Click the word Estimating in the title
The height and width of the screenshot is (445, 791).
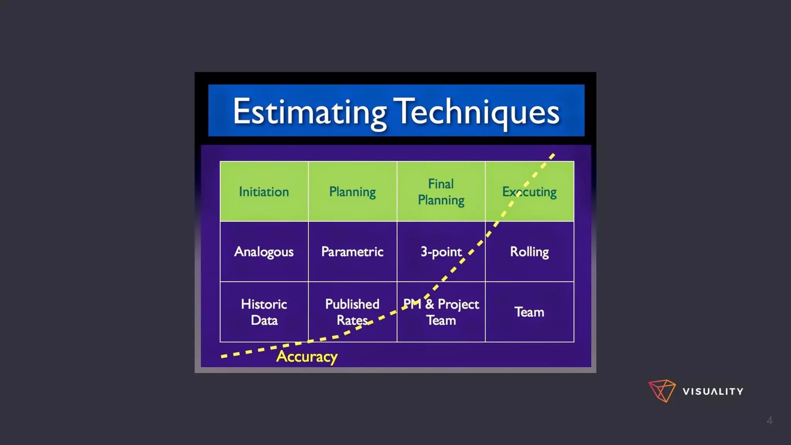pyautogui.click(x=309, y=112)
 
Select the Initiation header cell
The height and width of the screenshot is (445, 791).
pyautogui.click(x=264, y=192)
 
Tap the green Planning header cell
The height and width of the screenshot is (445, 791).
pyautogui.click(x=352, y=192)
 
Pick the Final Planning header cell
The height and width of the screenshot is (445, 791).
pyautogui.click(x=441, y=192)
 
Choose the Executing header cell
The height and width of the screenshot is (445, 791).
pyautogui.click(x=530, y=192)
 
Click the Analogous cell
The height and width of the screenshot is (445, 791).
pyautogui.click(x=264, y=252)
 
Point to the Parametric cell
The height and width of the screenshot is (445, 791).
pyautogui.click(x=352, y=252)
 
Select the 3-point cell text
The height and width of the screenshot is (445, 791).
pyautogui.click(x=441, y=252)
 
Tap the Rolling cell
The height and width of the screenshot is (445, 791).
pyautogui.click(x=530, y=252)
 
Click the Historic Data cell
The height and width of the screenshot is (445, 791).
pyautogui.click(x=264, y=312)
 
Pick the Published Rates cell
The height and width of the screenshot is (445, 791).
pyautogui.click(x=352, y=312)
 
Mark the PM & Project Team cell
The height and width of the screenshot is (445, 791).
pyautogui.click(x=441, y=312)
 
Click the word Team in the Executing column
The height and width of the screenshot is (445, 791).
pyautogui.click(x=530, y=312)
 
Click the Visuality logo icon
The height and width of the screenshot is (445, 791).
pyautogui.click(x=662, y=391)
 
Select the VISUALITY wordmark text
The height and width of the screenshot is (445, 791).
pyautogui.click(x=713, y=392)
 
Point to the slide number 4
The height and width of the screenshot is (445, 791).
pyautogui.click(x=769, y=421)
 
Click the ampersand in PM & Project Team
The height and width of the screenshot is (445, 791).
pyautogui.click(x=430, y=304)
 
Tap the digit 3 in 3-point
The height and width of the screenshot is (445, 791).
pyautogui.click(x=424, y=252)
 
